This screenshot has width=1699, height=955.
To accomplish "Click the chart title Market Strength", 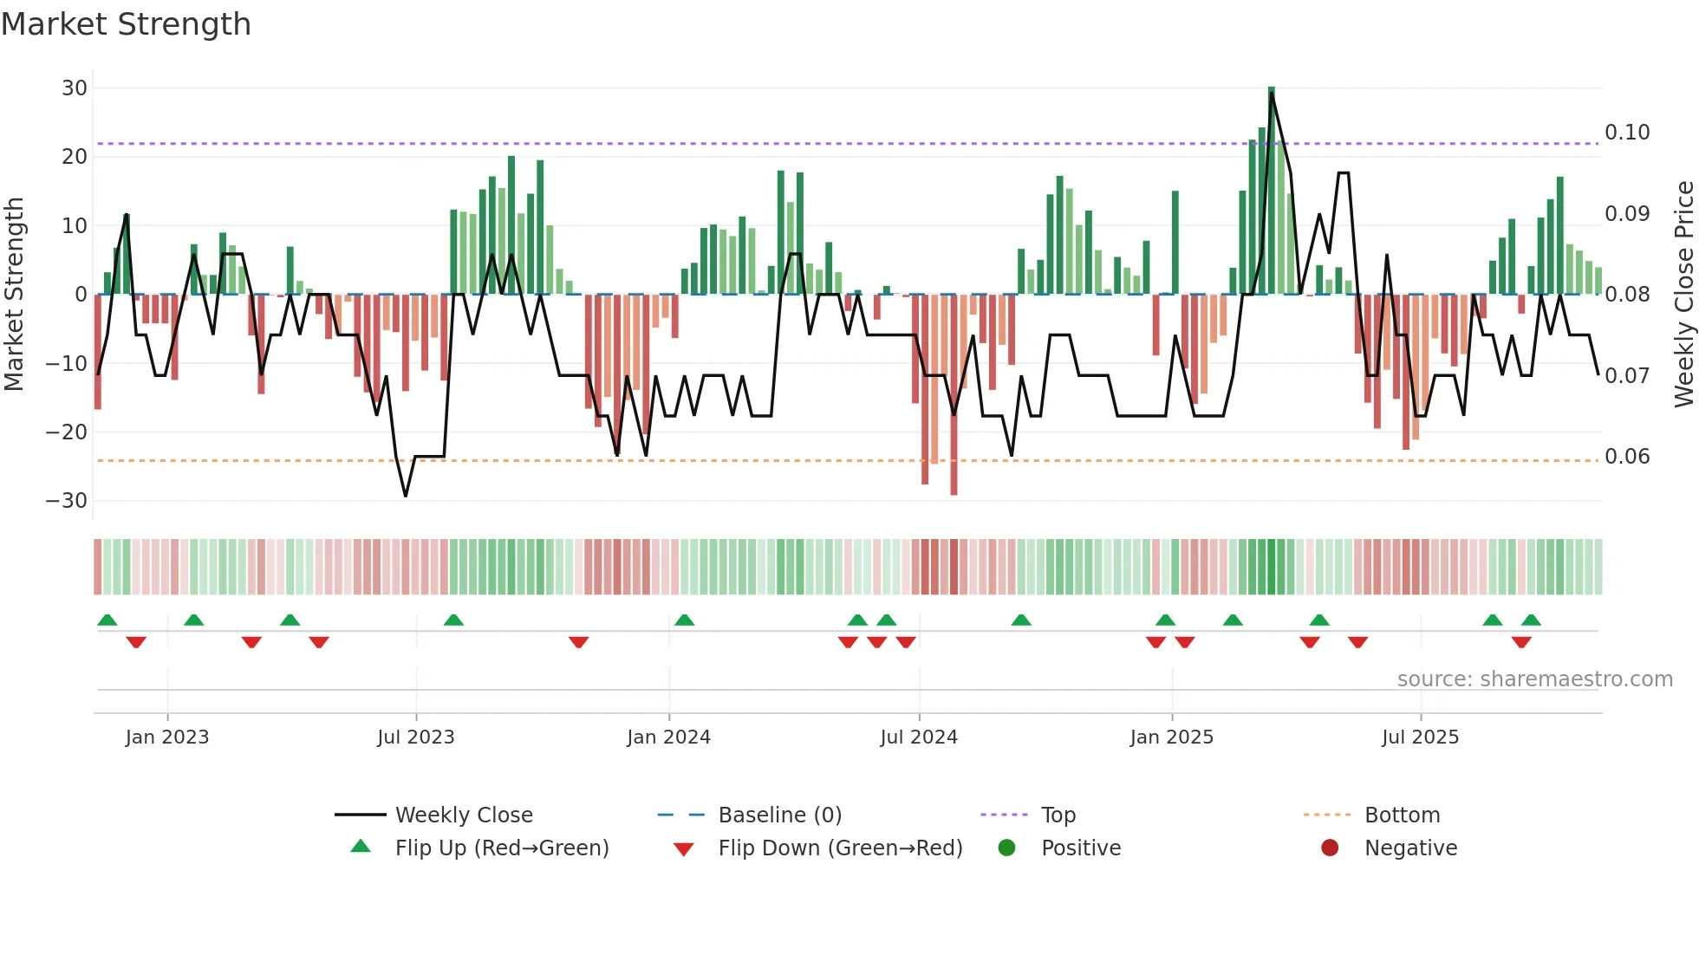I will point(126,24).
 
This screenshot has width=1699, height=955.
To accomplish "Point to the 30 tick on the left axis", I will point(75,88).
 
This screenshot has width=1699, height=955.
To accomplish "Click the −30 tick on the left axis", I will point(67,501).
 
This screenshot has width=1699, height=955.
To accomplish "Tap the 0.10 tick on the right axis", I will point(1627,133).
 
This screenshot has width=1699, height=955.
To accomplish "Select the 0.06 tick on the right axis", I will point(1627,457).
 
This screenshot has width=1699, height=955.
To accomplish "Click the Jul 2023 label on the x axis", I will point(416,737).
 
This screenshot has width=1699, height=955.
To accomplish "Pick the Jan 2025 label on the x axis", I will point(1171,737).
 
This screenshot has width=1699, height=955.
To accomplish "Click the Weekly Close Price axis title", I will point(1683,294).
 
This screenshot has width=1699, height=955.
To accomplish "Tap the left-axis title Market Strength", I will point(14,294).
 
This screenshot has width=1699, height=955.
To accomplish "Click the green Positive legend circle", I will point(1006,848).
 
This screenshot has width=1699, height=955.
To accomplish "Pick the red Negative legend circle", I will point(1330,848).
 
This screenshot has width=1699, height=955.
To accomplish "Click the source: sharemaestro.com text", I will point(1534,679).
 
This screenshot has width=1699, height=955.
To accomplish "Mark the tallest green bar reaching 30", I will point(1272,191).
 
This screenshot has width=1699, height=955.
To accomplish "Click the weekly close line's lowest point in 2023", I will point(406,496).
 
